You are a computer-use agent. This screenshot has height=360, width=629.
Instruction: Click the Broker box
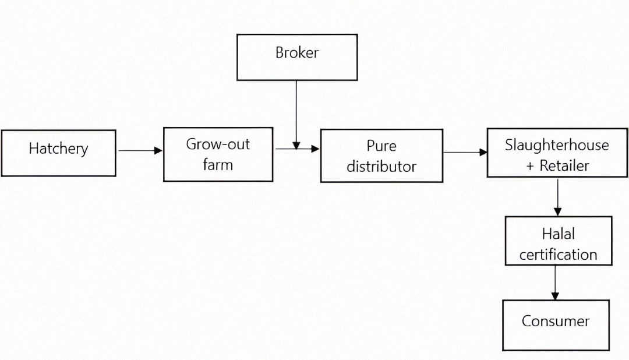pyautogui.click(x=297, y=57)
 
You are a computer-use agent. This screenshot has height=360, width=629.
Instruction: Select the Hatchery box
pyautogui.click(x=58, y=153)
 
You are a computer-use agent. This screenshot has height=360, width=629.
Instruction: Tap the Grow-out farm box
pyautogui.click(x=218, y=154)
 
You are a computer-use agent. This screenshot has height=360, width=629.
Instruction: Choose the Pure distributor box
pyautogui.click(x=381, y=156)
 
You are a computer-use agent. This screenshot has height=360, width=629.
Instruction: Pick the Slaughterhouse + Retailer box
pyautogui.click(x=557, y=153)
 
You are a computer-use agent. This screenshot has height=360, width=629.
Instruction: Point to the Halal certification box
pyautogui.click(x=558, y=241)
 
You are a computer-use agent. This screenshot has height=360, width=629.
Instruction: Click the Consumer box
pyautogui.click(x=556, y=324)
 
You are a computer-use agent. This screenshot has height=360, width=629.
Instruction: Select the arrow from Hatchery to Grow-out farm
pyautogui.click(x=140, y=151)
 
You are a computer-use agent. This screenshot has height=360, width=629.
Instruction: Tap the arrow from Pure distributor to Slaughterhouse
pyautogui.click(x=465, y=153)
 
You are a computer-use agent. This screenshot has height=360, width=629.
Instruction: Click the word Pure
pyautogui.click(x=381, y=145)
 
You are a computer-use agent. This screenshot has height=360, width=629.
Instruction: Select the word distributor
pyautogui.click(x=381, y=167)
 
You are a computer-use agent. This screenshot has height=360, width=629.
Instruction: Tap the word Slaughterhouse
pyautogui.click(x=557, y=144)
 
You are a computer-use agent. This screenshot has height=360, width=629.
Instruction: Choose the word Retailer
pyautogui.click(x=564, y=165)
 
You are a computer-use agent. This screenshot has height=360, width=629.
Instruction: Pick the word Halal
pyautogui.click(x=558, y=234)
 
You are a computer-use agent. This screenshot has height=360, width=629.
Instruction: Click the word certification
pyautogui.click(x=558, y=255)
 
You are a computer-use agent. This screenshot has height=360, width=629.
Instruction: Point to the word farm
pyautogui.click(x=218, y=164)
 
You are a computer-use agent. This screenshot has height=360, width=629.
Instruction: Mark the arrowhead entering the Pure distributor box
pyautogui.click(x=316, y=149)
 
